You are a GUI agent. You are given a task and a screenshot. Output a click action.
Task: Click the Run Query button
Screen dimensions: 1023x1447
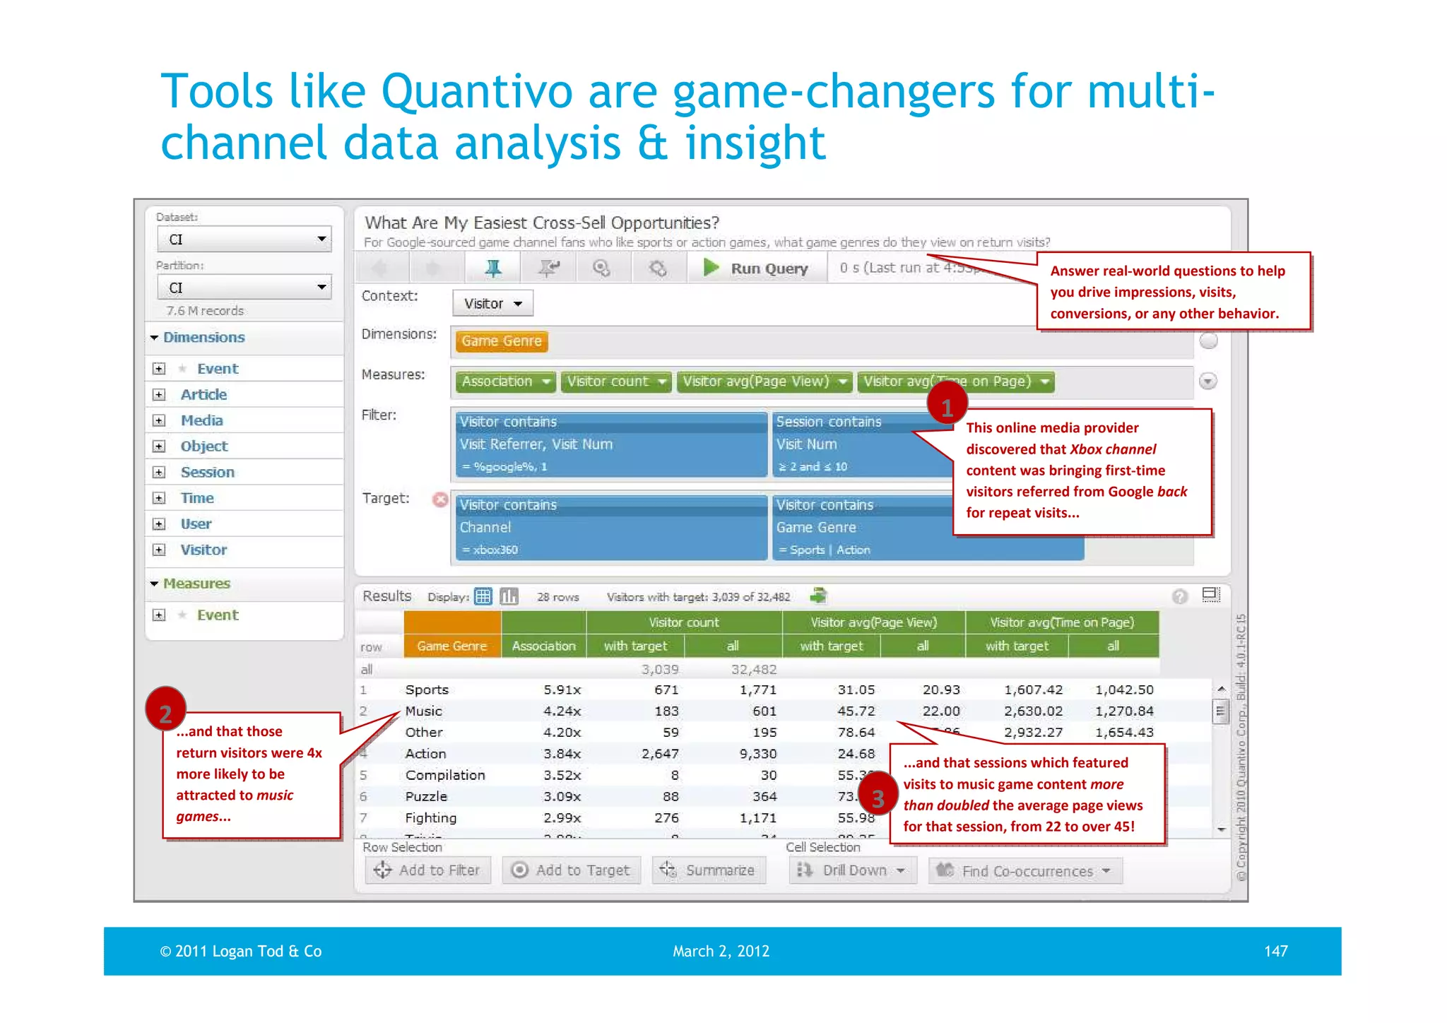(x=757, y=268)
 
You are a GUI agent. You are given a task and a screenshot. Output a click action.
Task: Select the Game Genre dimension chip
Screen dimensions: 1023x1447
(x=502, y=341)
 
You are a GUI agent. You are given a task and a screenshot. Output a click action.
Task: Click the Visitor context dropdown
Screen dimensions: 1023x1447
(x=492, y=304)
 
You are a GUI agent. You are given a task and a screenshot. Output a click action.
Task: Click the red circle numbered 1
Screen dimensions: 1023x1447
(x=947, y=406)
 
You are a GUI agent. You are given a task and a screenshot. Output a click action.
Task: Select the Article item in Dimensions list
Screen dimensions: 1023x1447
(x=203, y=394)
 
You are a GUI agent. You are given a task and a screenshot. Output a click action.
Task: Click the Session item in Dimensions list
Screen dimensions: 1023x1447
(x=207, y=472)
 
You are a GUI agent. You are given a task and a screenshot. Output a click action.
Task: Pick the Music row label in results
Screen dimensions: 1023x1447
(x=423, y=711)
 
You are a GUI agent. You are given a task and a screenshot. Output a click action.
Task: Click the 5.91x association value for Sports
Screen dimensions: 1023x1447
(x=562, y=690)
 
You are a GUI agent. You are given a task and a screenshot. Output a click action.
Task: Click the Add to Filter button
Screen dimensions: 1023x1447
(x=427, y=870)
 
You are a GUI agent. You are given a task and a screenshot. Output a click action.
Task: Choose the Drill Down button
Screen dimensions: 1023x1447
(x=852, y=870)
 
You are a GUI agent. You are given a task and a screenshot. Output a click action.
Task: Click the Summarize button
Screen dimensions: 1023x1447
(x=709, y=870)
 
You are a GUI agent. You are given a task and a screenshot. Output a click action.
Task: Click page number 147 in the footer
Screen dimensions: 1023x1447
(x=1275, y=951)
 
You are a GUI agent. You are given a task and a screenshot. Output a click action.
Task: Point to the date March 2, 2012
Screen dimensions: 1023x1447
(x=721, y=951)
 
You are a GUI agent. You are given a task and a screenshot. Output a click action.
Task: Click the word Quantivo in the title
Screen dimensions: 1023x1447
(x=476, y=92)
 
